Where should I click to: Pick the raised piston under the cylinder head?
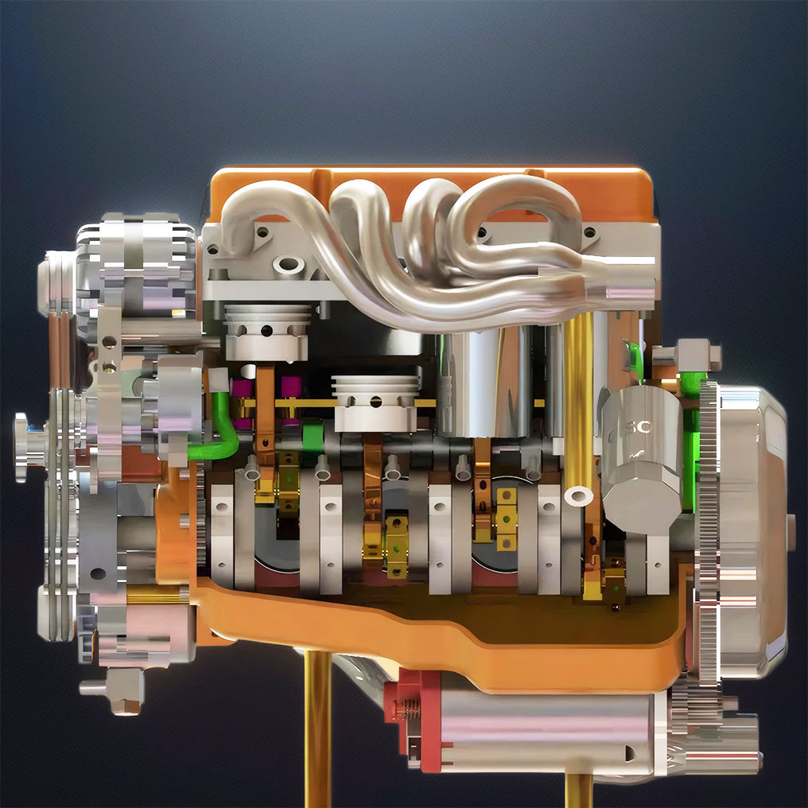(266, 329)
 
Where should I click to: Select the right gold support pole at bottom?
(579, 787)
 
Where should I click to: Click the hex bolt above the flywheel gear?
(690, 354)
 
